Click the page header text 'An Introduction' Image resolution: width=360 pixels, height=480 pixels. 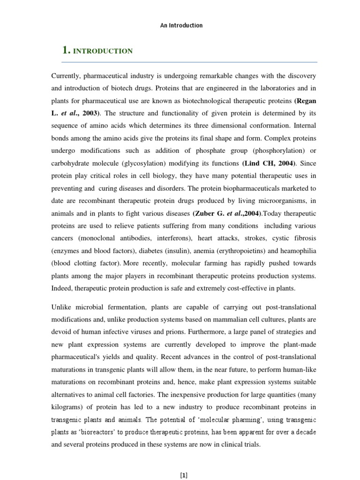(x=181, y=25)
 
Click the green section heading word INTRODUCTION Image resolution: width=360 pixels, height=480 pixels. (x=103, y=51)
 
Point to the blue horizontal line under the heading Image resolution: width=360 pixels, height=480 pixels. (x=190, y=62)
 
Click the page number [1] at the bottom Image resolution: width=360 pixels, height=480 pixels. (x=184, y=475)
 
